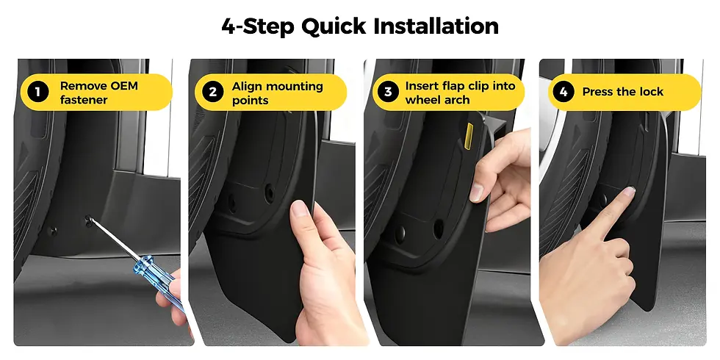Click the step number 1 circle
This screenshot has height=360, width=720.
(36, 93)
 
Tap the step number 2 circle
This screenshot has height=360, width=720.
(212, 93)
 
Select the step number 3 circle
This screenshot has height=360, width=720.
(387, 93)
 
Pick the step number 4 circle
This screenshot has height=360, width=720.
(564, 93)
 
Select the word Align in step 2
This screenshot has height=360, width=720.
(248, 86)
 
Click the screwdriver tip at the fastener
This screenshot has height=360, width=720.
(90, 219)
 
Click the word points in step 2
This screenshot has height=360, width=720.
(251, 100)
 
